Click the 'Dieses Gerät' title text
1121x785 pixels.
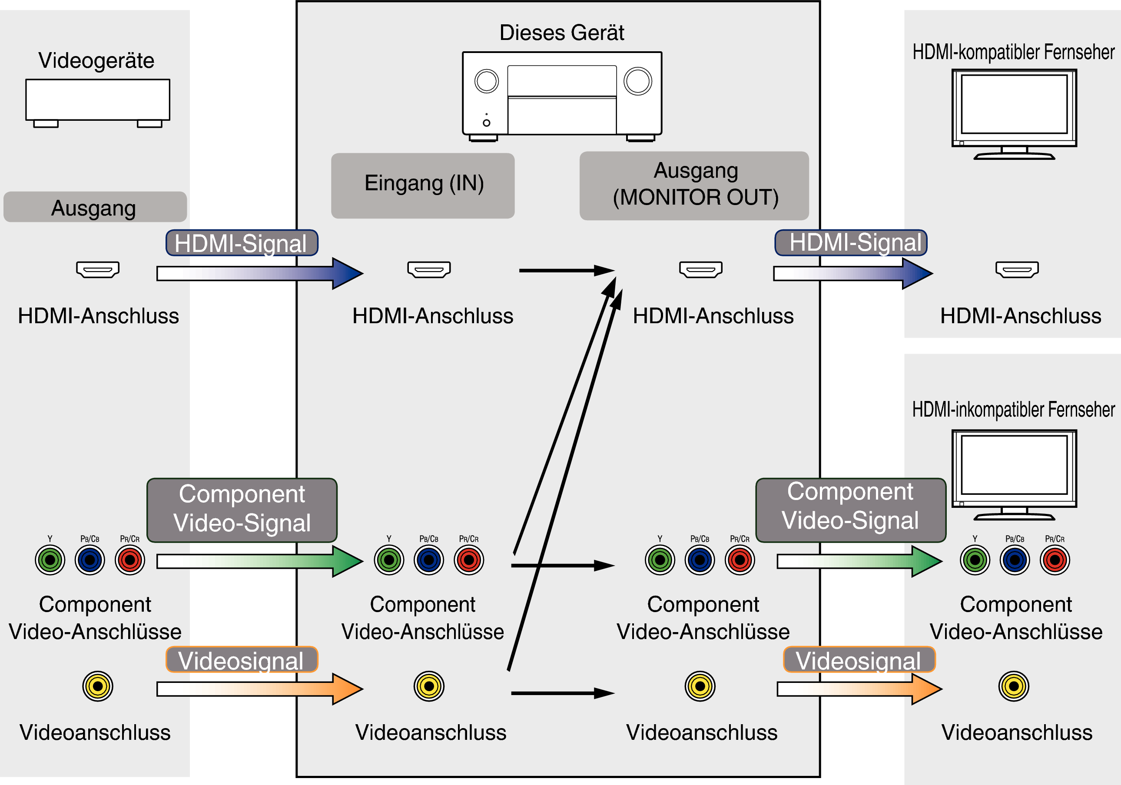click(x=561, y=33)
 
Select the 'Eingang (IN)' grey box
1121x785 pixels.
click(x=423, y=185)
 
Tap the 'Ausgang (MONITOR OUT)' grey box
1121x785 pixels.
click(x=694, y=185)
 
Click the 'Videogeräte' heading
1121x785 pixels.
click(x=96, y=60)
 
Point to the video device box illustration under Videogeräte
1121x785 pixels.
click(x=98, y=100)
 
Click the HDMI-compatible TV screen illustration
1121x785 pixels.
click(x=1014, y=105)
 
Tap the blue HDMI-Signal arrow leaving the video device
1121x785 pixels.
click(x=259, y=273)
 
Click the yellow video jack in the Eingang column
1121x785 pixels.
click(x=429, y=686)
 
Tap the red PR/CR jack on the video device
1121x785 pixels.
click(x=130, y=560)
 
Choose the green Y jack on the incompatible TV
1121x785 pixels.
click(x=975, y=560)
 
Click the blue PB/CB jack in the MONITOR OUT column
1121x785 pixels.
click(x=700, y=560)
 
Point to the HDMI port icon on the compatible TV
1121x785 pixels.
click(x=1017, y=269)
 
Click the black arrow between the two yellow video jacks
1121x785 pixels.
click(x=561, y=693)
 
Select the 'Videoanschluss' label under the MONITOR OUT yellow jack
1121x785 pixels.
click(x=702, y=732)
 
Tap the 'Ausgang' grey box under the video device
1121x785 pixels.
click(x=95, y=207)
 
